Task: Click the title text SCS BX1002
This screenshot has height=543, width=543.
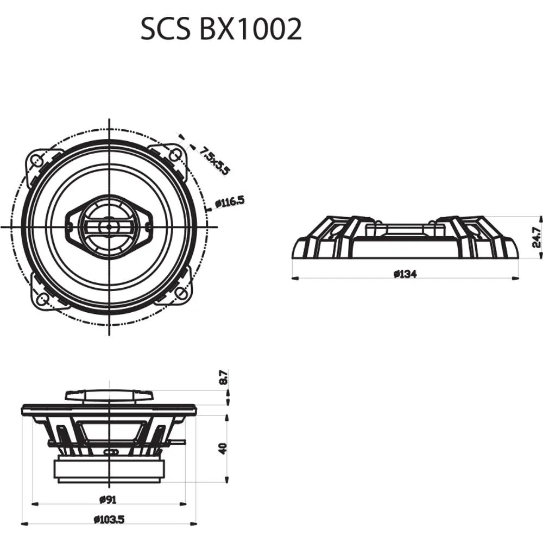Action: tap(221, 29)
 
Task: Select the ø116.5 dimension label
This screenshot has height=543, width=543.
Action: tap(230, 202)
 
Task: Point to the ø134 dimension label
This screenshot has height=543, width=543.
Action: tap(405, 274)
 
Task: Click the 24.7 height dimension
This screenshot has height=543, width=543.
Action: tap(536, 237)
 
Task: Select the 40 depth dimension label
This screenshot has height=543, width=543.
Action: tap(223, 448)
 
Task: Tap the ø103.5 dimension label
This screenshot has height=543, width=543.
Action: tap(109, 520)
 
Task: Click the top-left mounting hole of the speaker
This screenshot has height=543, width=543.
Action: tap(37, 160)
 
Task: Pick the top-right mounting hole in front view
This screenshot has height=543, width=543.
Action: tap(174, 155)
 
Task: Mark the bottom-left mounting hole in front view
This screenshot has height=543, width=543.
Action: tap(42, 296)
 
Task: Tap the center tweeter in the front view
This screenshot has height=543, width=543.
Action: tap(109, 226)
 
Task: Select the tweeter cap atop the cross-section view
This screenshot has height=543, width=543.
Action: tap(109, 395)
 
